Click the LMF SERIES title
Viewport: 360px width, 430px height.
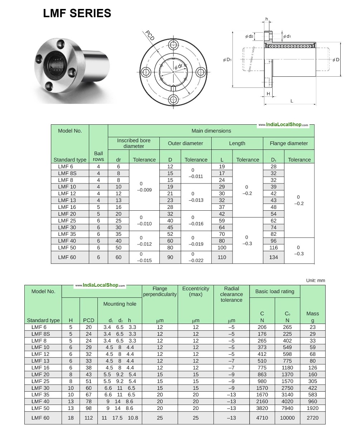click(x=77, y=13)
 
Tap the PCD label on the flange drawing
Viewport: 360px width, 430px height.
click(x=150, y=35)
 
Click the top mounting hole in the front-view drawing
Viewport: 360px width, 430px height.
click(x=174, y=45)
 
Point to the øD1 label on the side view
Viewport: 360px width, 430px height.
click(x=227, y=60)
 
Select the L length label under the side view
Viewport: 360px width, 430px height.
click(x=292, y=101)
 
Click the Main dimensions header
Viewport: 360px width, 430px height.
click(x=211, y=131)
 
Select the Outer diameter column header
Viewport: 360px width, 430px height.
click(x=185, y=143)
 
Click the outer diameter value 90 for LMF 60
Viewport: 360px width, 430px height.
click(x=170, y=257)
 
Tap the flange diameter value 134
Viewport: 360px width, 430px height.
click(x=274, y=257)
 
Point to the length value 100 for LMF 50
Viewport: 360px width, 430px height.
click(x=222, y=248)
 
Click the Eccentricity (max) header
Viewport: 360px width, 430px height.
click(x=196, y=291)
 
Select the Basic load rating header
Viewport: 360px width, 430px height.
click(x=275, y=291)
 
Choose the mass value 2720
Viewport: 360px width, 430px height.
click(x=313, y=418)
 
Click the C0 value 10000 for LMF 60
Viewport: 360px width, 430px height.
click(x=287, y=418)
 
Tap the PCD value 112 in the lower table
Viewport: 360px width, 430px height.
click(x=88, y=418)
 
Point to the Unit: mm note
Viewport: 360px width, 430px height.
click(x=316, y=281)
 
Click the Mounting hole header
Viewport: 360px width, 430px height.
click(x=120, y=304)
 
